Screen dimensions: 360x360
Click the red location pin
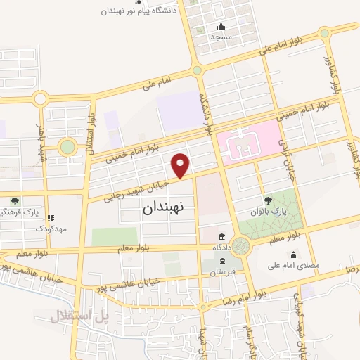(181, 164)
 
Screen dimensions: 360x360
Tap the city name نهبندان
(162, 208)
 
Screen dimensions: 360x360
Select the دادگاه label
(221, 248)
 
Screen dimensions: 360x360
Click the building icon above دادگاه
(221, 238)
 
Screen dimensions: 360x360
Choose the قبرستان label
(221, 271)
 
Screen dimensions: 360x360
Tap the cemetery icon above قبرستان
(221, 260)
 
